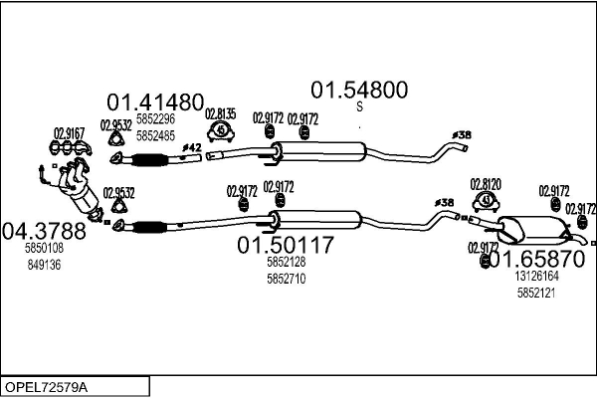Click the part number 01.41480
point(155,102)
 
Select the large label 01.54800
point(359,90)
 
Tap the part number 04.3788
point(44,231)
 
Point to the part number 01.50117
point(286,245)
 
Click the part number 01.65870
point(537,259)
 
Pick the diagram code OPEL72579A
point(46,387)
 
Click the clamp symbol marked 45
point(221,130)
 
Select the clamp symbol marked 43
point(486,201)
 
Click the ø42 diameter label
point(191,147)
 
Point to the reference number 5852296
point(156,119)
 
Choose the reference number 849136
point(44,265)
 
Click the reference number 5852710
point(287,279)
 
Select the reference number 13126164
point(537,276)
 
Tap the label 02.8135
point(221,113)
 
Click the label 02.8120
point(486,184)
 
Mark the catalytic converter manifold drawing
point(77,188)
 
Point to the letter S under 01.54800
point(360,106)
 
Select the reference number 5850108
point(44,249)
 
